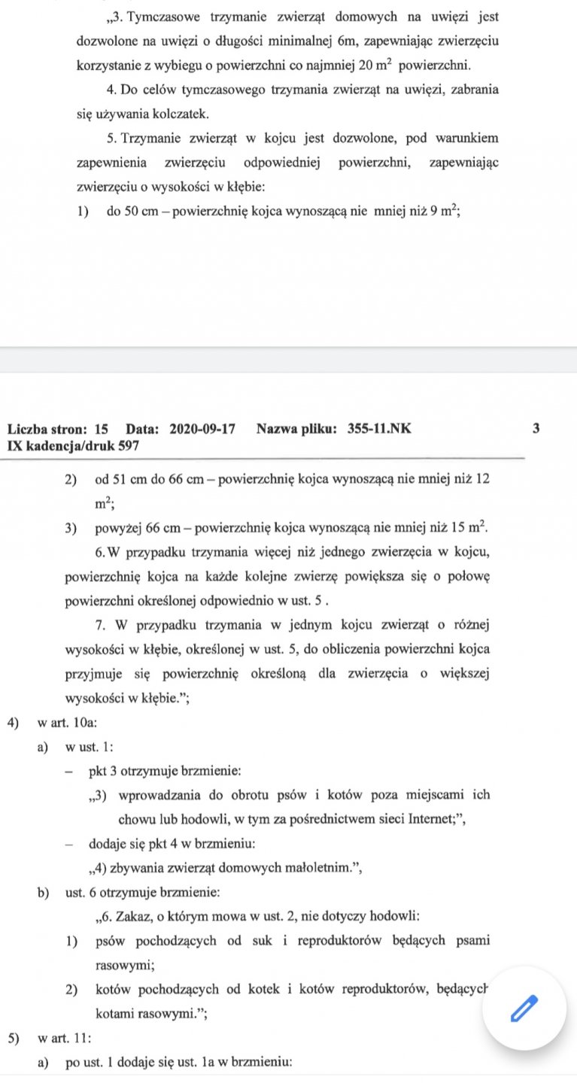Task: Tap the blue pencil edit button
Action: tap(524, 1008)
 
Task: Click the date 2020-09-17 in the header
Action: tap(203, 429)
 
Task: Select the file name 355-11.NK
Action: tap(380, 429)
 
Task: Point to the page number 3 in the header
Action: tap(536, 429)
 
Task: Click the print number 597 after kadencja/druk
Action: tap(129, 445)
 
